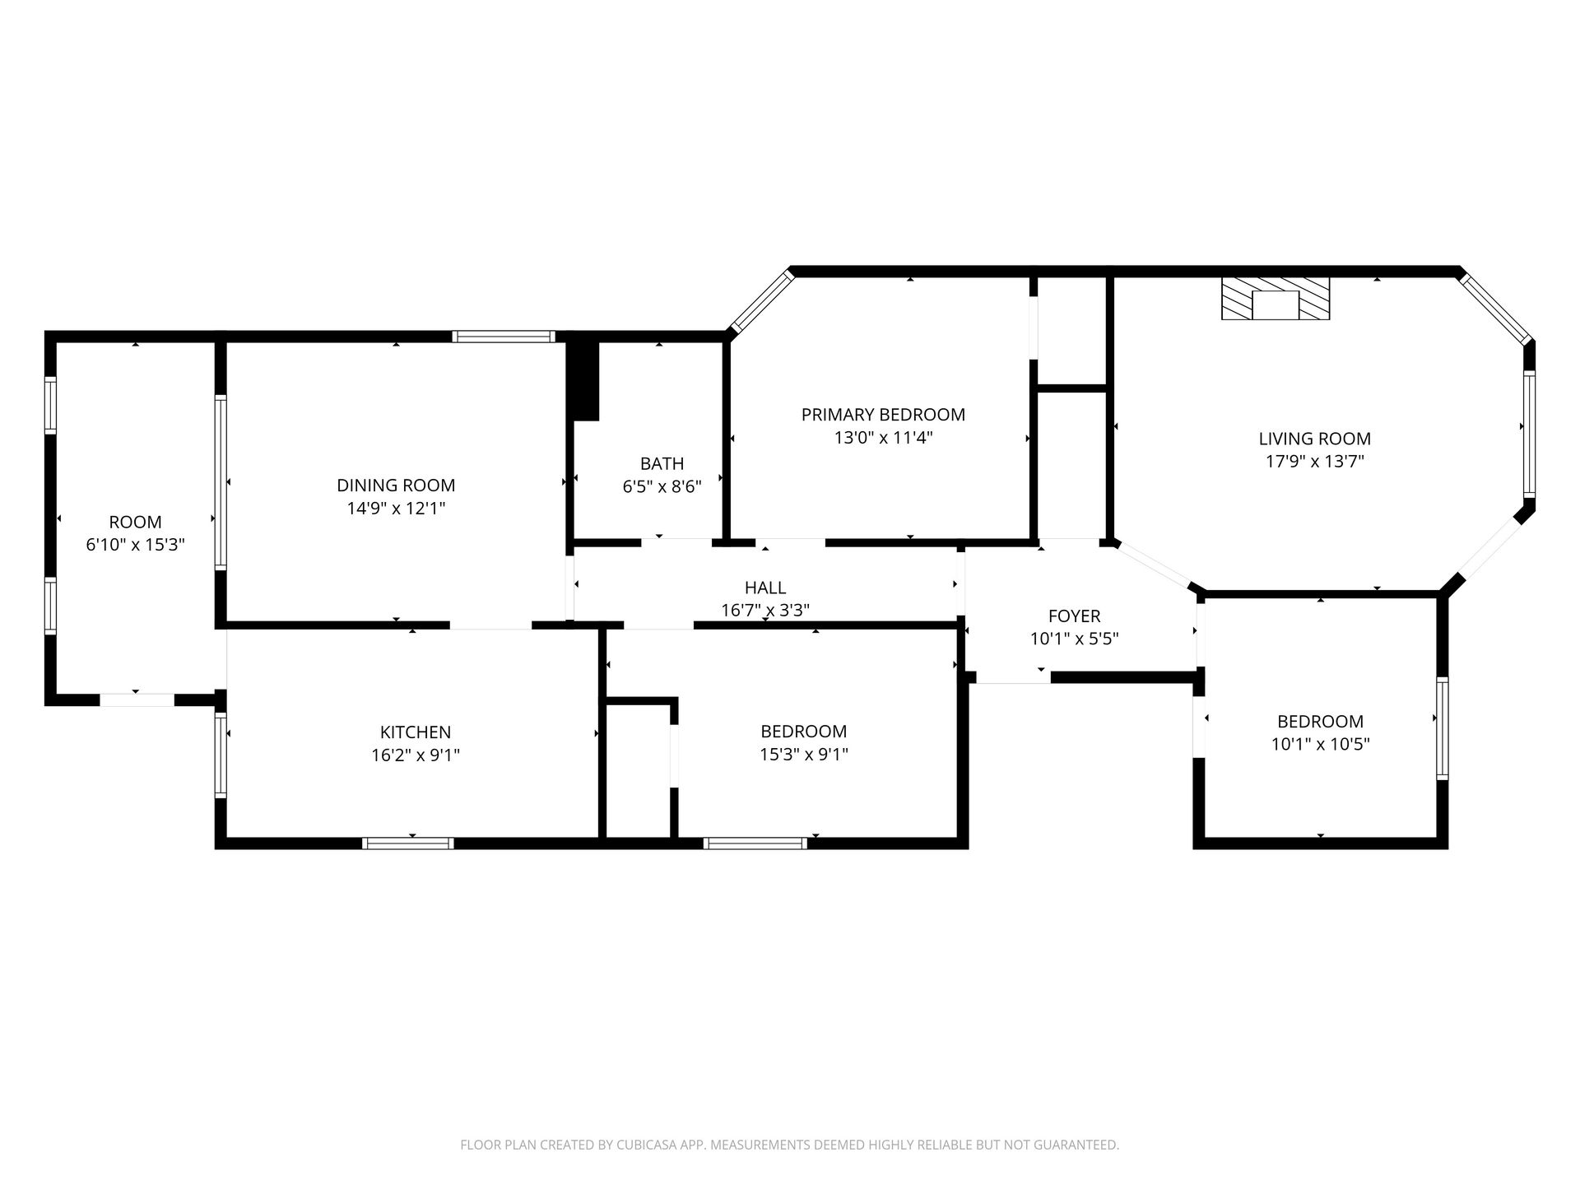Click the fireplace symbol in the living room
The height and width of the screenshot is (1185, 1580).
pyautogui.click(x=1275, y=298)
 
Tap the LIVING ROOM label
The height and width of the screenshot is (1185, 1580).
pyautogui.click(x=1314, y=439)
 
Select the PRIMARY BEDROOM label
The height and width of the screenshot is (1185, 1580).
pyautogui.click(x=883, y=415)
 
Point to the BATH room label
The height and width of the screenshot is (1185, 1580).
pyautogui.click(x=662, y=463)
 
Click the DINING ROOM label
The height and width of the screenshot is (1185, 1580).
pyautogui.click(x=396, y=486)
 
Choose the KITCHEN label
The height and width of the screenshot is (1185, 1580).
pyautogui.click(x=416, y=732)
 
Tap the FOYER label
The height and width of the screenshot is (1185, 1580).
pyautogui.click(x=1074, y=616)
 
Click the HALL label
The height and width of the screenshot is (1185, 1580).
pyautogui.click(x=765, y=588)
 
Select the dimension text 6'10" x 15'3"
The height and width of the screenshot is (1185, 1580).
pyautogui.click(x=135, y=545)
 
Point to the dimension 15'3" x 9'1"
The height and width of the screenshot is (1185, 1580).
pyautogui.click(x=804, y=755)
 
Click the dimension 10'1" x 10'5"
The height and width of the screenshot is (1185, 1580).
pyautogui.click(x=1320, y=745)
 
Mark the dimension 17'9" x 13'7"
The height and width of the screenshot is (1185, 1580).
pyautogui.click(x=1314, y=462)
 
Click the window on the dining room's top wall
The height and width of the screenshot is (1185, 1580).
pyautogui.click(x=504, y=337)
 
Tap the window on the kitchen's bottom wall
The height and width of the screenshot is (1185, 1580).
pyautogui.click(x=408, y=843)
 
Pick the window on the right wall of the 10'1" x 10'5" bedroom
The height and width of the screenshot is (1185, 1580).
pyautogui.click(x=1442, y=728)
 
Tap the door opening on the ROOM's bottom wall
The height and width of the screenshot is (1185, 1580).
pyautogui.click(x=137, y=700)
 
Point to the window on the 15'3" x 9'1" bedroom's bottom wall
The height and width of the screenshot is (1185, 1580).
pyautogui.click(x=755, y=843)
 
